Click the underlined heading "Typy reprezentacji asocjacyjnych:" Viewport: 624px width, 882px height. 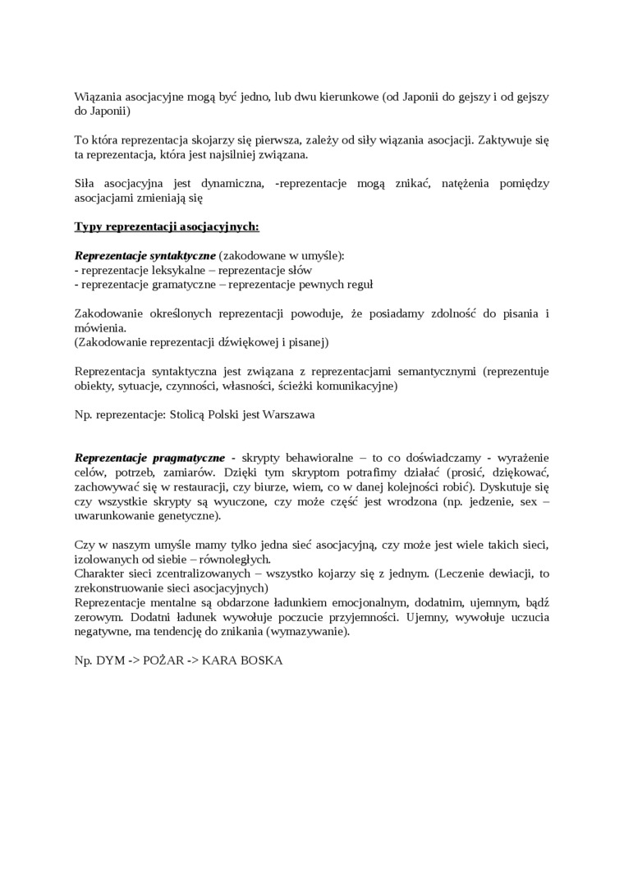click(x=167, y=226)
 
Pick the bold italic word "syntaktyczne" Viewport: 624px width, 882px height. click(x=175, y=255)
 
